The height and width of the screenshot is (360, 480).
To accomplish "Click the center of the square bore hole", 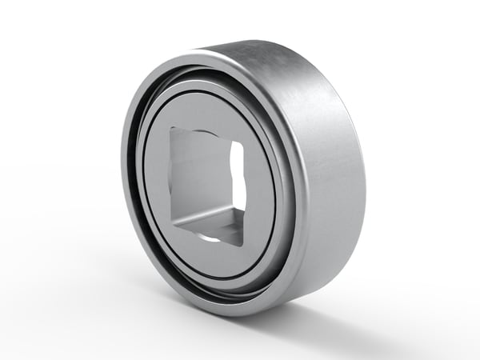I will (206, 182).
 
